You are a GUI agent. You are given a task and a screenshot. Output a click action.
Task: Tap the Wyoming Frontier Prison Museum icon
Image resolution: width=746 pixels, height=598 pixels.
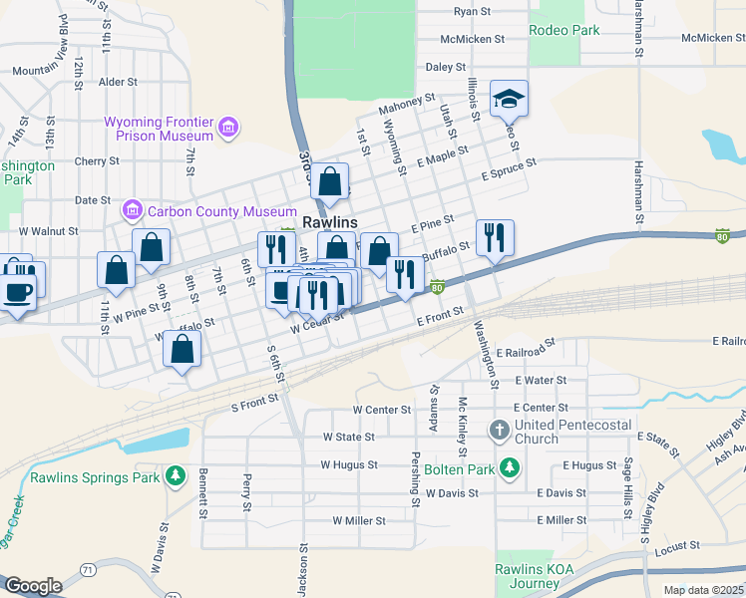click(x=229, y=127)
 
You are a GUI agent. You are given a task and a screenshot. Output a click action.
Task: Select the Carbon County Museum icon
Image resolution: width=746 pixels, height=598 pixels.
click(x=131, y=210)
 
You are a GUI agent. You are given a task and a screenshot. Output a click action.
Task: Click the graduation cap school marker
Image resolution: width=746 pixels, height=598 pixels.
click(x=509, y=99)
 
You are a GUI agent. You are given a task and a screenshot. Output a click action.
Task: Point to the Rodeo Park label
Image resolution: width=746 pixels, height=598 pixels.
click(x=564, y=30)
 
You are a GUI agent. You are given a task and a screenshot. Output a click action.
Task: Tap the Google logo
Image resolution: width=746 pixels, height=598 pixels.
click(x=33, y=585)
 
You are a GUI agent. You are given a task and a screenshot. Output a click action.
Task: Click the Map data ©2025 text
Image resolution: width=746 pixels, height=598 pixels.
click(x=703, y=590)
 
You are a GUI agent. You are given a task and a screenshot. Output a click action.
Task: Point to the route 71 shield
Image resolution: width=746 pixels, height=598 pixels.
click(x=89, y=569)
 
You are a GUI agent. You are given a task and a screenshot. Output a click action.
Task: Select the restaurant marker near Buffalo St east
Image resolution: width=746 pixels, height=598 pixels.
click(x=495, y=238)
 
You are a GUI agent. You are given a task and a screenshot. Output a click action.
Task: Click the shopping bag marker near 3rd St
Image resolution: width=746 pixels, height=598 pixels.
click(x=330, y=182)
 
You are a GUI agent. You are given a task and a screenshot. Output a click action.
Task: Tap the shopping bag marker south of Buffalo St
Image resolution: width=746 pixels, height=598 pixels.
click(x=182, y=349)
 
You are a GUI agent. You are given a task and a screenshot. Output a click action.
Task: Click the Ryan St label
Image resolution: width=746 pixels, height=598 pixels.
click(x=472, y=12)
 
